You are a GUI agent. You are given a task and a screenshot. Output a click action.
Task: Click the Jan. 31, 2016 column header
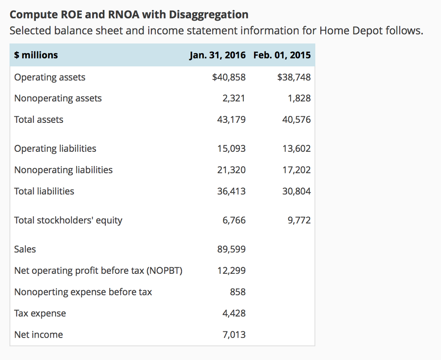coord(217,55)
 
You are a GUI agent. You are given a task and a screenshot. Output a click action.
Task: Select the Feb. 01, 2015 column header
coord(282,55)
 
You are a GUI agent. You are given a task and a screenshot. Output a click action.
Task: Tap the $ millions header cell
coord(36,55)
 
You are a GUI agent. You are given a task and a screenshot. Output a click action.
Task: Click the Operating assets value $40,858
coord(229,77)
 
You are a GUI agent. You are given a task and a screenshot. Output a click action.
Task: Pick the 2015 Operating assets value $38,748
coord(294,77)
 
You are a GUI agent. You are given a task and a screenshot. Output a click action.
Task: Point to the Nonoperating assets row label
coord(58,98)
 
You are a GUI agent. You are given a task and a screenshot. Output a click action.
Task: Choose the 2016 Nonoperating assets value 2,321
coord(234,98)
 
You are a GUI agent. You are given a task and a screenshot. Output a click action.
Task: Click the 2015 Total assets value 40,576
coord(296,120)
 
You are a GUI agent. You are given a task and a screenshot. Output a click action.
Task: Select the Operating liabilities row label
coord(55,149)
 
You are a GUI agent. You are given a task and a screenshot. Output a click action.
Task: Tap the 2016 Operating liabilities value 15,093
coord(232,149)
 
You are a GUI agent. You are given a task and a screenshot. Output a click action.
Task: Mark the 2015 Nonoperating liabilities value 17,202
coord(296,170)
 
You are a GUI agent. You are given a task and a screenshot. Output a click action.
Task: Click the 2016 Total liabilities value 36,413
coord(232,191)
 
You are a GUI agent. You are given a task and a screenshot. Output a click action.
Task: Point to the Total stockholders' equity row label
coord(68,220)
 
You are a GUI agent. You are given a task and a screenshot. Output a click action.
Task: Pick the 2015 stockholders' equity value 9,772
coord(299,220)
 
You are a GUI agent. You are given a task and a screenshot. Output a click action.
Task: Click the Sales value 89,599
coord(232,249)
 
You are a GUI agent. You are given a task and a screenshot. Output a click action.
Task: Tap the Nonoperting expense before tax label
coord(83,292)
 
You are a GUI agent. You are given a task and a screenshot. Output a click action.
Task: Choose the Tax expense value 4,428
coord(234,313)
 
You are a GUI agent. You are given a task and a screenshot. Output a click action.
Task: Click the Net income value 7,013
coord(234,335)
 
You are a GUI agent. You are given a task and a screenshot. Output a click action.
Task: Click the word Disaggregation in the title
coord(208,15)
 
